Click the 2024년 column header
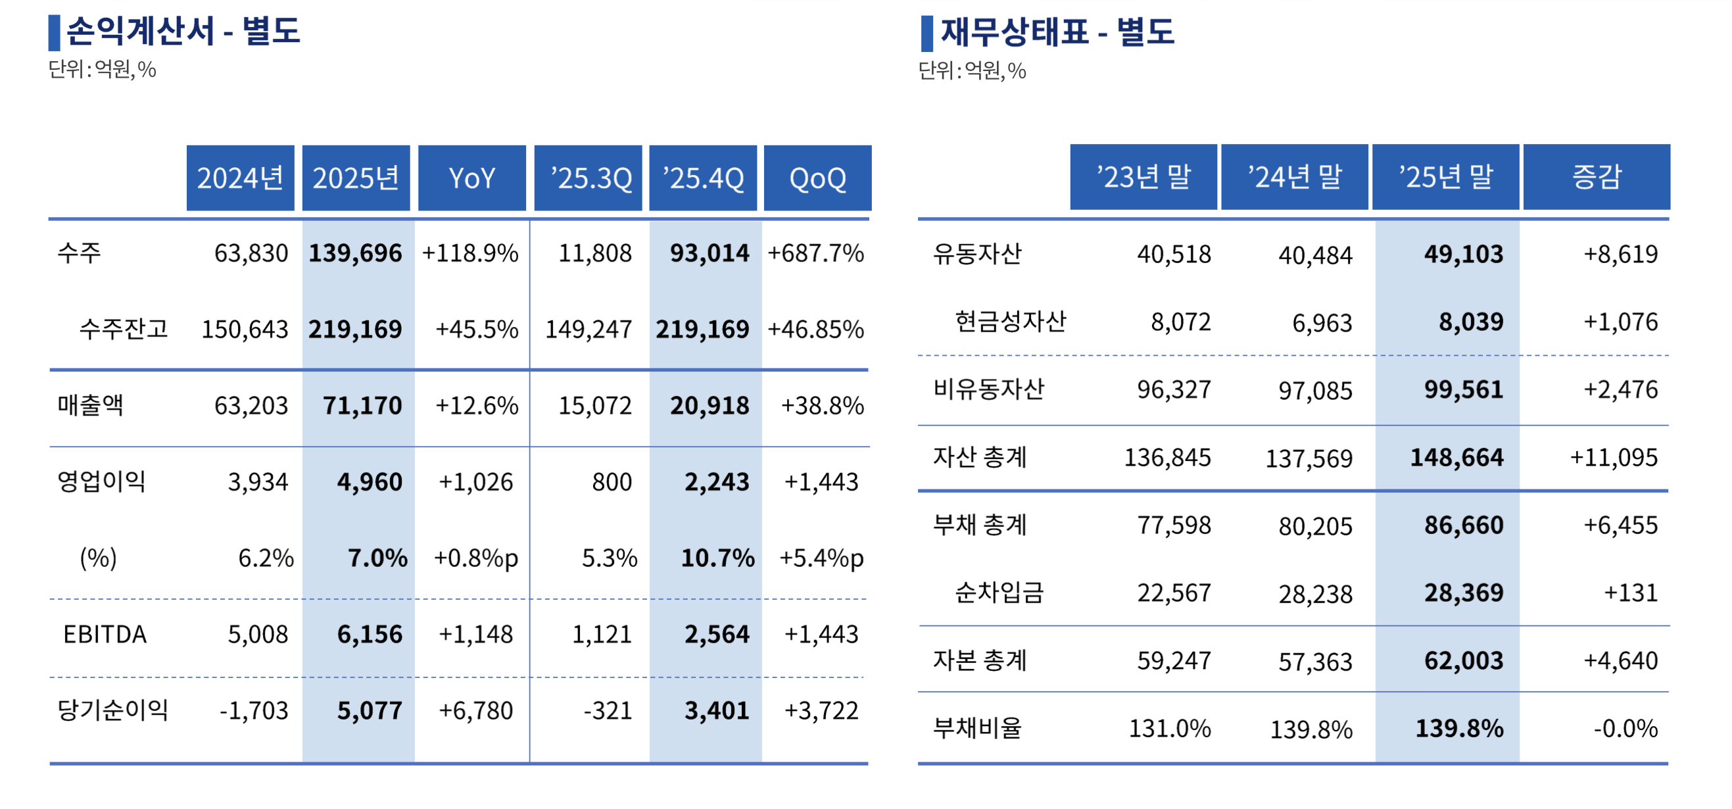tap(240, 178)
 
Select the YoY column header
tap(471, 178)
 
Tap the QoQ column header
tap(817, 178)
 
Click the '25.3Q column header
tap(588, 178)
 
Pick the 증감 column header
tap(1596, 177)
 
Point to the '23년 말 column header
tap(1143, 177)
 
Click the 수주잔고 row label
tap(123, 329)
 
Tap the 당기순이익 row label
tap(112, 710)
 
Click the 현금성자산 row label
tap(1010, 322)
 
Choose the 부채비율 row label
tap(977, 727)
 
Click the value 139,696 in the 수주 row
tap(355, 253)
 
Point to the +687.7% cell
tap(815, 253)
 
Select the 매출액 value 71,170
tap(362, 406)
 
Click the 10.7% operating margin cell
tap(717, 558)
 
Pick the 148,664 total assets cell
tap(1456, 458)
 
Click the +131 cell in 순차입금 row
tap(1631, 593)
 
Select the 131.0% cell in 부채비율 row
tap(1169, 728)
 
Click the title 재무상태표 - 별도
tap(1057, 32)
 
